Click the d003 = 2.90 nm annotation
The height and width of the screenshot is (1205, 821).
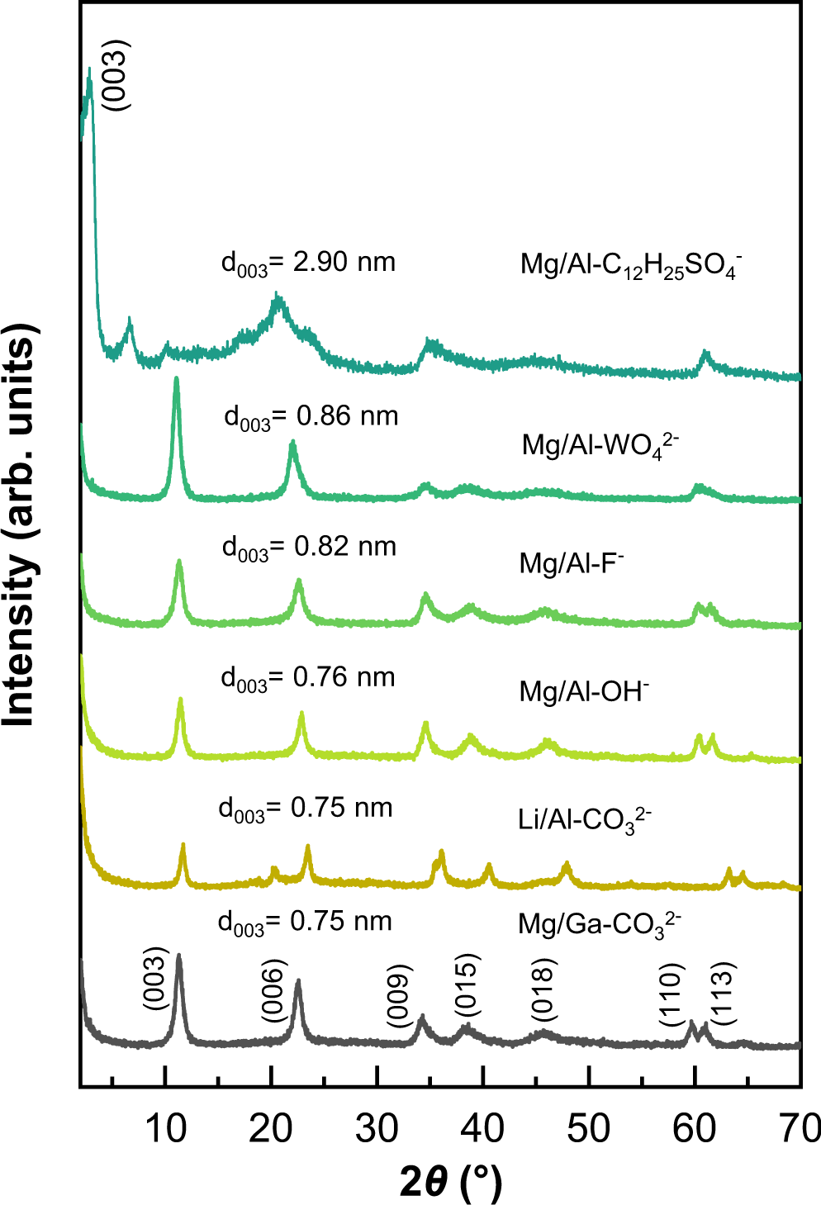coord(308,263)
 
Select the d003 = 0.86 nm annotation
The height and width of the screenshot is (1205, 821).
coord(311,417)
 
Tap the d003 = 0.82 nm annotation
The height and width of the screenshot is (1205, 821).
coord(309,548)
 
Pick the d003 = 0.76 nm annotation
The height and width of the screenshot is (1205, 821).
coord(308,678)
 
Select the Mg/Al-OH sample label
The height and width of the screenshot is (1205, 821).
coord(584,690)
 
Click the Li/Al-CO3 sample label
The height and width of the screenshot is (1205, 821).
coord(585,820)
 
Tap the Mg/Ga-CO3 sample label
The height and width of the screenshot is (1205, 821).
coord(600,923)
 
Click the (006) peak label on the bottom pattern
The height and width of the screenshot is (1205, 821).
coord(273,990)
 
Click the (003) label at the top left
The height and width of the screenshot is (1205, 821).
coord(115,75)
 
